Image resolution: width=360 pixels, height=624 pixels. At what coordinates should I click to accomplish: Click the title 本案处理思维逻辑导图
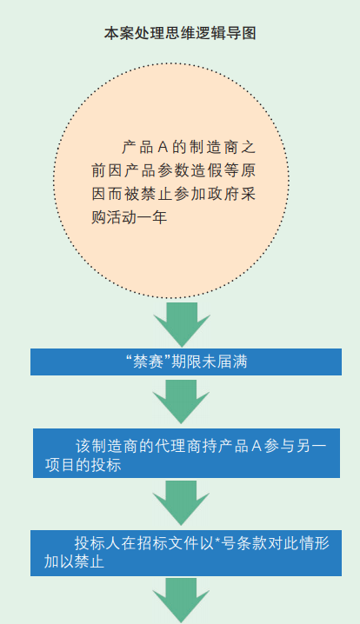tap(180, 33)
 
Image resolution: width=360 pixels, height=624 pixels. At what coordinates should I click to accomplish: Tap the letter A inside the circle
tap(163, 148)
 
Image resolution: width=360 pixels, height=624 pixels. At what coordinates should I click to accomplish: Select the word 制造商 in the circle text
tap(213, 148)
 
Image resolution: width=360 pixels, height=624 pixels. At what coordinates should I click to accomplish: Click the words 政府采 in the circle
tap(231, 194)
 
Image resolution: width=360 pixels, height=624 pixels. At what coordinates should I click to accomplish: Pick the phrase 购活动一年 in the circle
tap(130, 217)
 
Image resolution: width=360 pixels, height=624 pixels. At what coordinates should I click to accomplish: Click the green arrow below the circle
tap(182, 324)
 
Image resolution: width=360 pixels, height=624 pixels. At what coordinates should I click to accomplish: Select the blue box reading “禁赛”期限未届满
tap(186, 362)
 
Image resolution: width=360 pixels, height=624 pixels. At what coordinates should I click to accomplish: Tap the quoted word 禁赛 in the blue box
tap(147, 362)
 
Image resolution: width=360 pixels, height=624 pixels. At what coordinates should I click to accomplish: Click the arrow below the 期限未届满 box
tap(181, 402)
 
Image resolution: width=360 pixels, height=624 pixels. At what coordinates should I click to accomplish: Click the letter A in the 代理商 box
tap(257, 446)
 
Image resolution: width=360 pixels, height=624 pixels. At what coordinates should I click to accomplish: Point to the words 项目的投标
tap(83, 465)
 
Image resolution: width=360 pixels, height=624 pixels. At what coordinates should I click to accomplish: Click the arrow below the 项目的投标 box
tap(181, 502)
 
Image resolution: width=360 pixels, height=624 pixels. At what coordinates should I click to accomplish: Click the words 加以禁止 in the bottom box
tap(74, 562)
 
